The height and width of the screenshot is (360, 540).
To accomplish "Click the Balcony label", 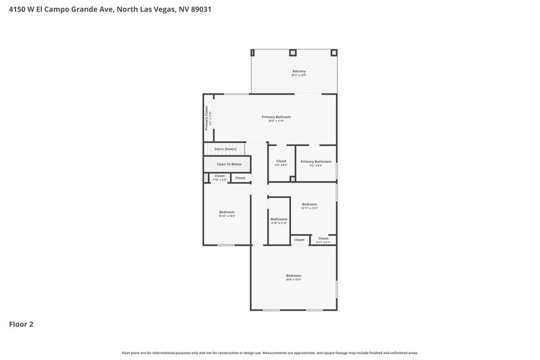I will tap(298, 71).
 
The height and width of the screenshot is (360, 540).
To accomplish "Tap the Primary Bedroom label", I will tap(276, 117).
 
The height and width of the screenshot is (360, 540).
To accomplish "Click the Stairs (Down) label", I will tap(225, 149).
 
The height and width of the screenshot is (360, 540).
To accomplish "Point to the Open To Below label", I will tap(229, 164).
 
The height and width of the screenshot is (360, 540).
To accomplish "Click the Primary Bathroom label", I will tap(315, 161).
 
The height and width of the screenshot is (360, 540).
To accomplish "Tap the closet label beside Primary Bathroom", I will tap(281, 161).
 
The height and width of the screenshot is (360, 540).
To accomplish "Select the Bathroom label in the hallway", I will tap(279, 219).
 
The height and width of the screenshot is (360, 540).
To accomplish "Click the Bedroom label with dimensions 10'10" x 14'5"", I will tap(227, 212).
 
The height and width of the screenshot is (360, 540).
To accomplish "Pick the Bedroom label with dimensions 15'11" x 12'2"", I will tap(309, 204).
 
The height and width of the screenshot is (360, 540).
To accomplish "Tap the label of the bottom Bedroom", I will tap(293, 276).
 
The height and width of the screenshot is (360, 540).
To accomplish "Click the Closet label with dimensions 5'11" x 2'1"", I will tap(323, 238).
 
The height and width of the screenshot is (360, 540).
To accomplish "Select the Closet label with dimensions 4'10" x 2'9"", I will tap(219, 176).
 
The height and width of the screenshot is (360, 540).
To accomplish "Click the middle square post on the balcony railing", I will tap(293, 53).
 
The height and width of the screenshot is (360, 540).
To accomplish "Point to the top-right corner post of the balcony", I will tap(334, 53).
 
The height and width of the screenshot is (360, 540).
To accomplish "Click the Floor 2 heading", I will tap(21, 324).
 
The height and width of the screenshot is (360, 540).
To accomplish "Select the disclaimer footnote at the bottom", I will tap(269, 353).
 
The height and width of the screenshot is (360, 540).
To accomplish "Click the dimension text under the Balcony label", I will tap(298, 75).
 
